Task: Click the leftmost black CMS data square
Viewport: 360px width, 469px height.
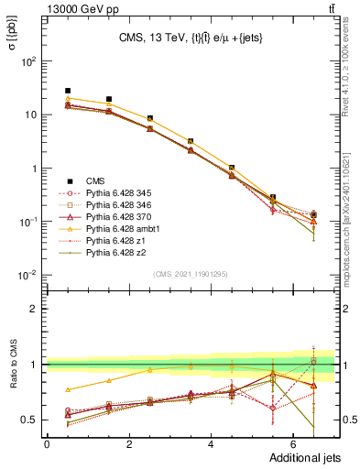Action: (x=68, y=91)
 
